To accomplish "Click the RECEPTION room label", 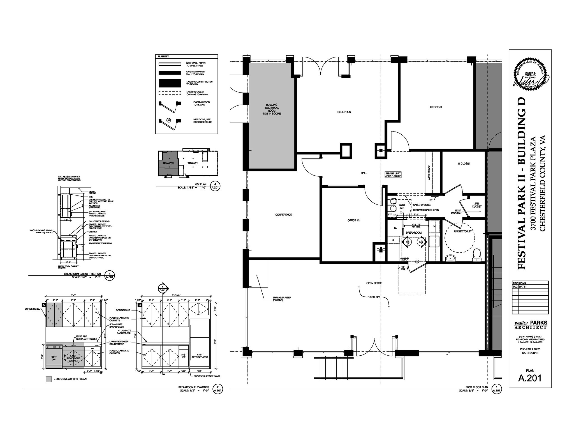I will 344,112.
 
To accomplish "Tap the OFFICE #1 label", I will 436,107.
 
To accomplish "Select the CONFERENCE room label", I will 283,215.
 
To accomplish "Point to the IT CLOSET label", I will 464,164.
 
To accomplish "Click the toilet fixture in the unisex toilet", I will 476,254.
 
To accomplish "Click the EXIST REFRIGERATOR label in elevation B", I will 200,356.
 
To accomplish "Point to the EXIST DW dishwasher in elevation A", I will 54,358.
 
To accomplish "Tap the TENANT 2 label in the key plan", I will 168,163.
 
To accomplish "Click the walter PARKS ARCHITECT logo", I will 530,325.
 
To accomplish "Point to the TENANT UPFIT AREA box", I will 394,175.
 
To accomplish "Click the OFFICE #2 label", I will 353,220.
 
